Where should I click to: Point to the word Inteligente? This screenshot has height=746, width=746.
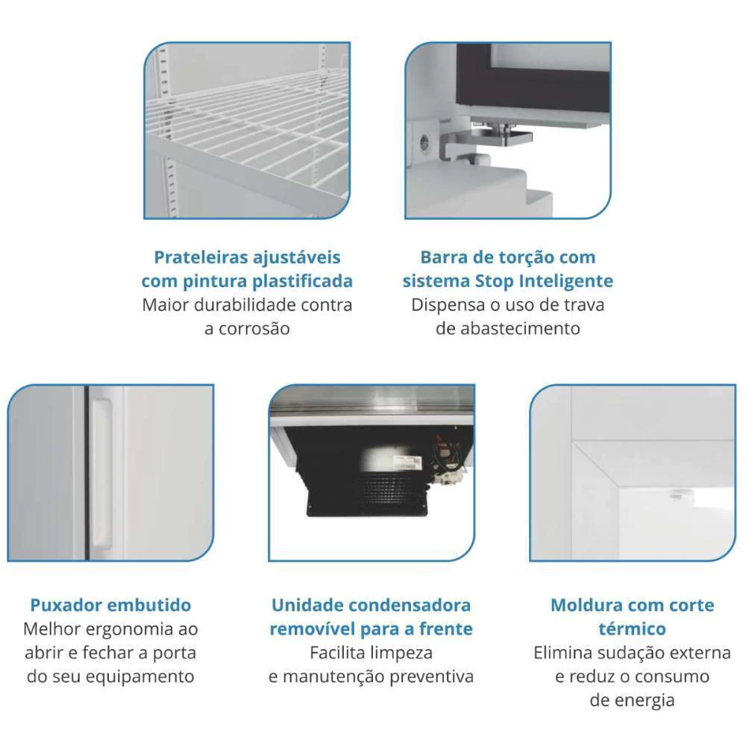click(x=565, y=281)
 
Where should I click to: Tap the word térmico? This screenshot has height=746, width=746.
click(x=633, y=629)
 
